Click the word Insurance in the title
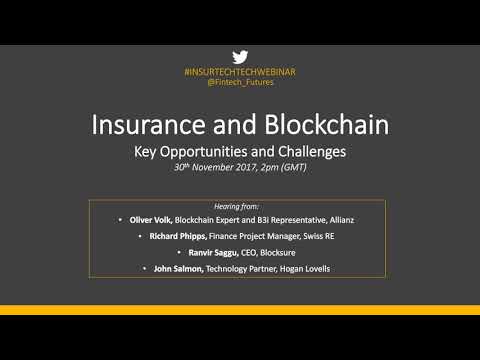click(151, 125)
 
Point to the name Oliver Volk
click(151, 219)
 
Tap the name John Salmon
click(174, 269)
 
